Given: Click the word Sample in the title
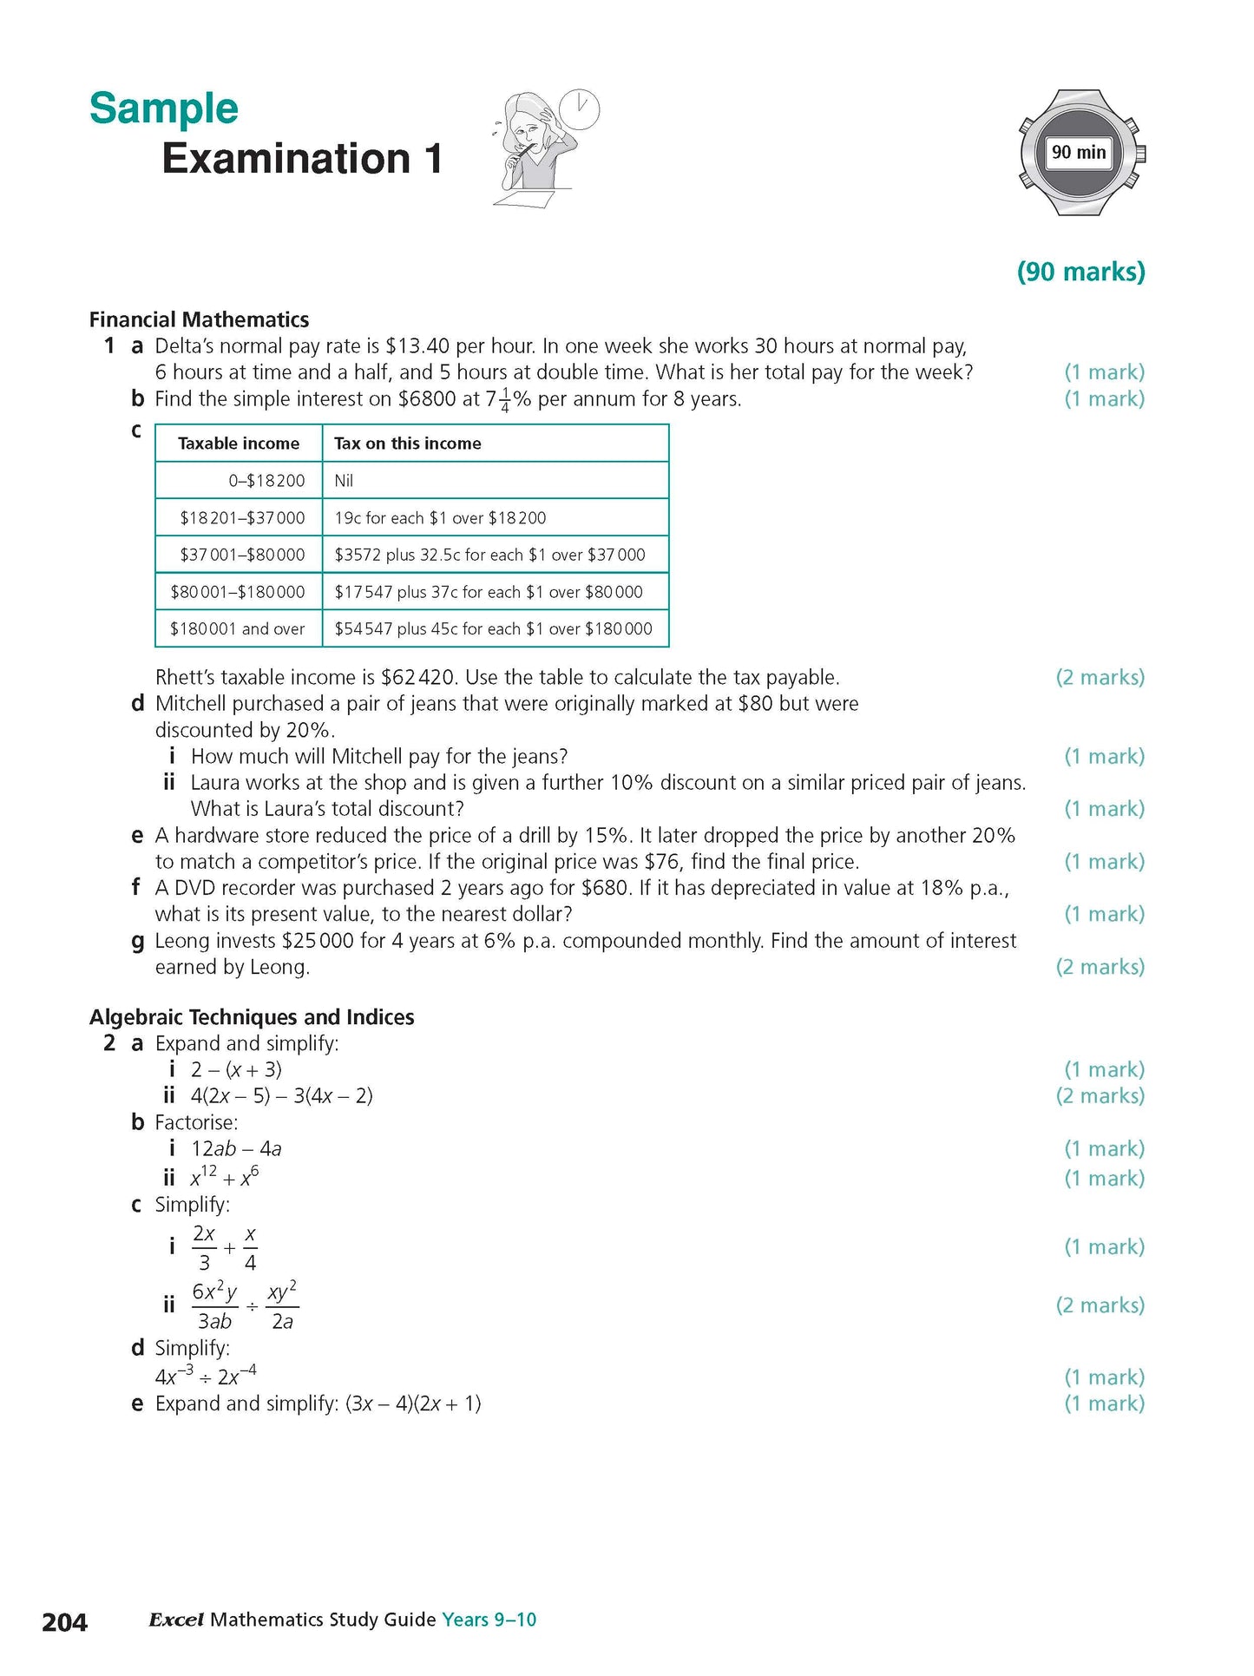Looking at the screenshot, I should [x=163, y=109].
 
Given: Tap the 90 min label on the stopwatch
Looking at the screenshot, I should [x=1078, y=153].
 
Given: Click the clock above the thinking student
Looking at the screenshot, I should [x=579, y=110].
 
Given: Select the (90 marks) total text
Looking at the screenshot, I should [x=1080, y=272].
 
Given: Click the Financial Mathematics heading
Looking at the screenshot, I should [x=199, y=319].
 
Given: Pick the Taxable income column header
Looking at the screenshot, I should [x=239, y=444].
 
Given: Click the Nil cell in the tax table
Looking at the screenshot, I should [x=344, y=481].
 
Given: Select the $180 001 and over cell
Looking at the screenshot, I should [x=238, y=629].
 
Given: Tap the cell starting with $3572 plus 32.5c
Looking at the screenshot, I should [x=489, y=555].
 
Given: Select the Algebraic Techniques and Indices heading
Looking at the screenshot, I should [x=252, y=1017].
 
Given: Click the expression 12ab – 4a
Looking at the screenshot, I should [x=236, y=1149].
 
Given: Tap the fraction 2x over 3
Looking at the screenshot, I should [x=204, y=1248].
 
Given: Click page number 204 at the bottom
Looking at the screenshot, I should [x=64, y=1621].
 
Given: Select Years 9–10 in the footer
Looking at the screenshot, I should [x=489, y=1620].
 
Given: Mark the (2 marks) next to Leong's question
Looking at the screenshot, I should [x=1100, y=967].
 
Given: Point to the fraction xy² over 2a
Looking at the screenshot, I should [x=282, y=1306].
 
